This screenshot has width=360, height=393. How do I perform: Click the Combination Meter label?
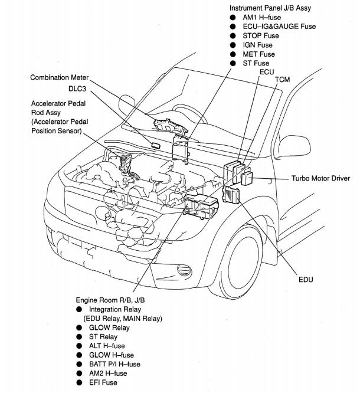[x=61, y=77]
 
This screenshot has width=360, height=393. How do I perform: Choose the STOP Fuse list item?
[x=261, y=35]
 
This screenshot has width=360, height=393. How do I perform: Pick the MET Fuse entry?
[x=259, y=54]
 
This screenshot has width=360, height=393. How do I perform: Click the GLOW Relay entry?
[x=110, y=327]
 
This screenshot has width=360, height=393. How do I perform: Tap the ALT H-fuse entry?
[x=107, y=346]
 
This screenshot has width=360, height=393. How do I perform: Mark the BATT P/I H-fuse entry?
[x=114, y=365]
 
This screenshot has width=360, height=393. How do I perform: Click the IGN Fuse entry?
[x=258, y=44]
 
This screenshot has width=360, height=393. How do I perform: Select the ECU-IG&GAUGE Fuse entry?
[x=279, y=26]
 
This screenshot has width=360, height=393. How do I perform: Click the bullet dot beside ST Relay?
[x=79, y=336]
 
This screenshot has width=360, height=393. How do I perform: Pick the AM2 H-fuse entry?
[x=107, y=374]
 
